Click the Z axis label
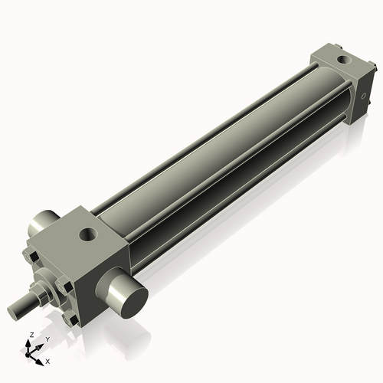point(28,336)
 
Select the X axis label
point(47,360)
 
